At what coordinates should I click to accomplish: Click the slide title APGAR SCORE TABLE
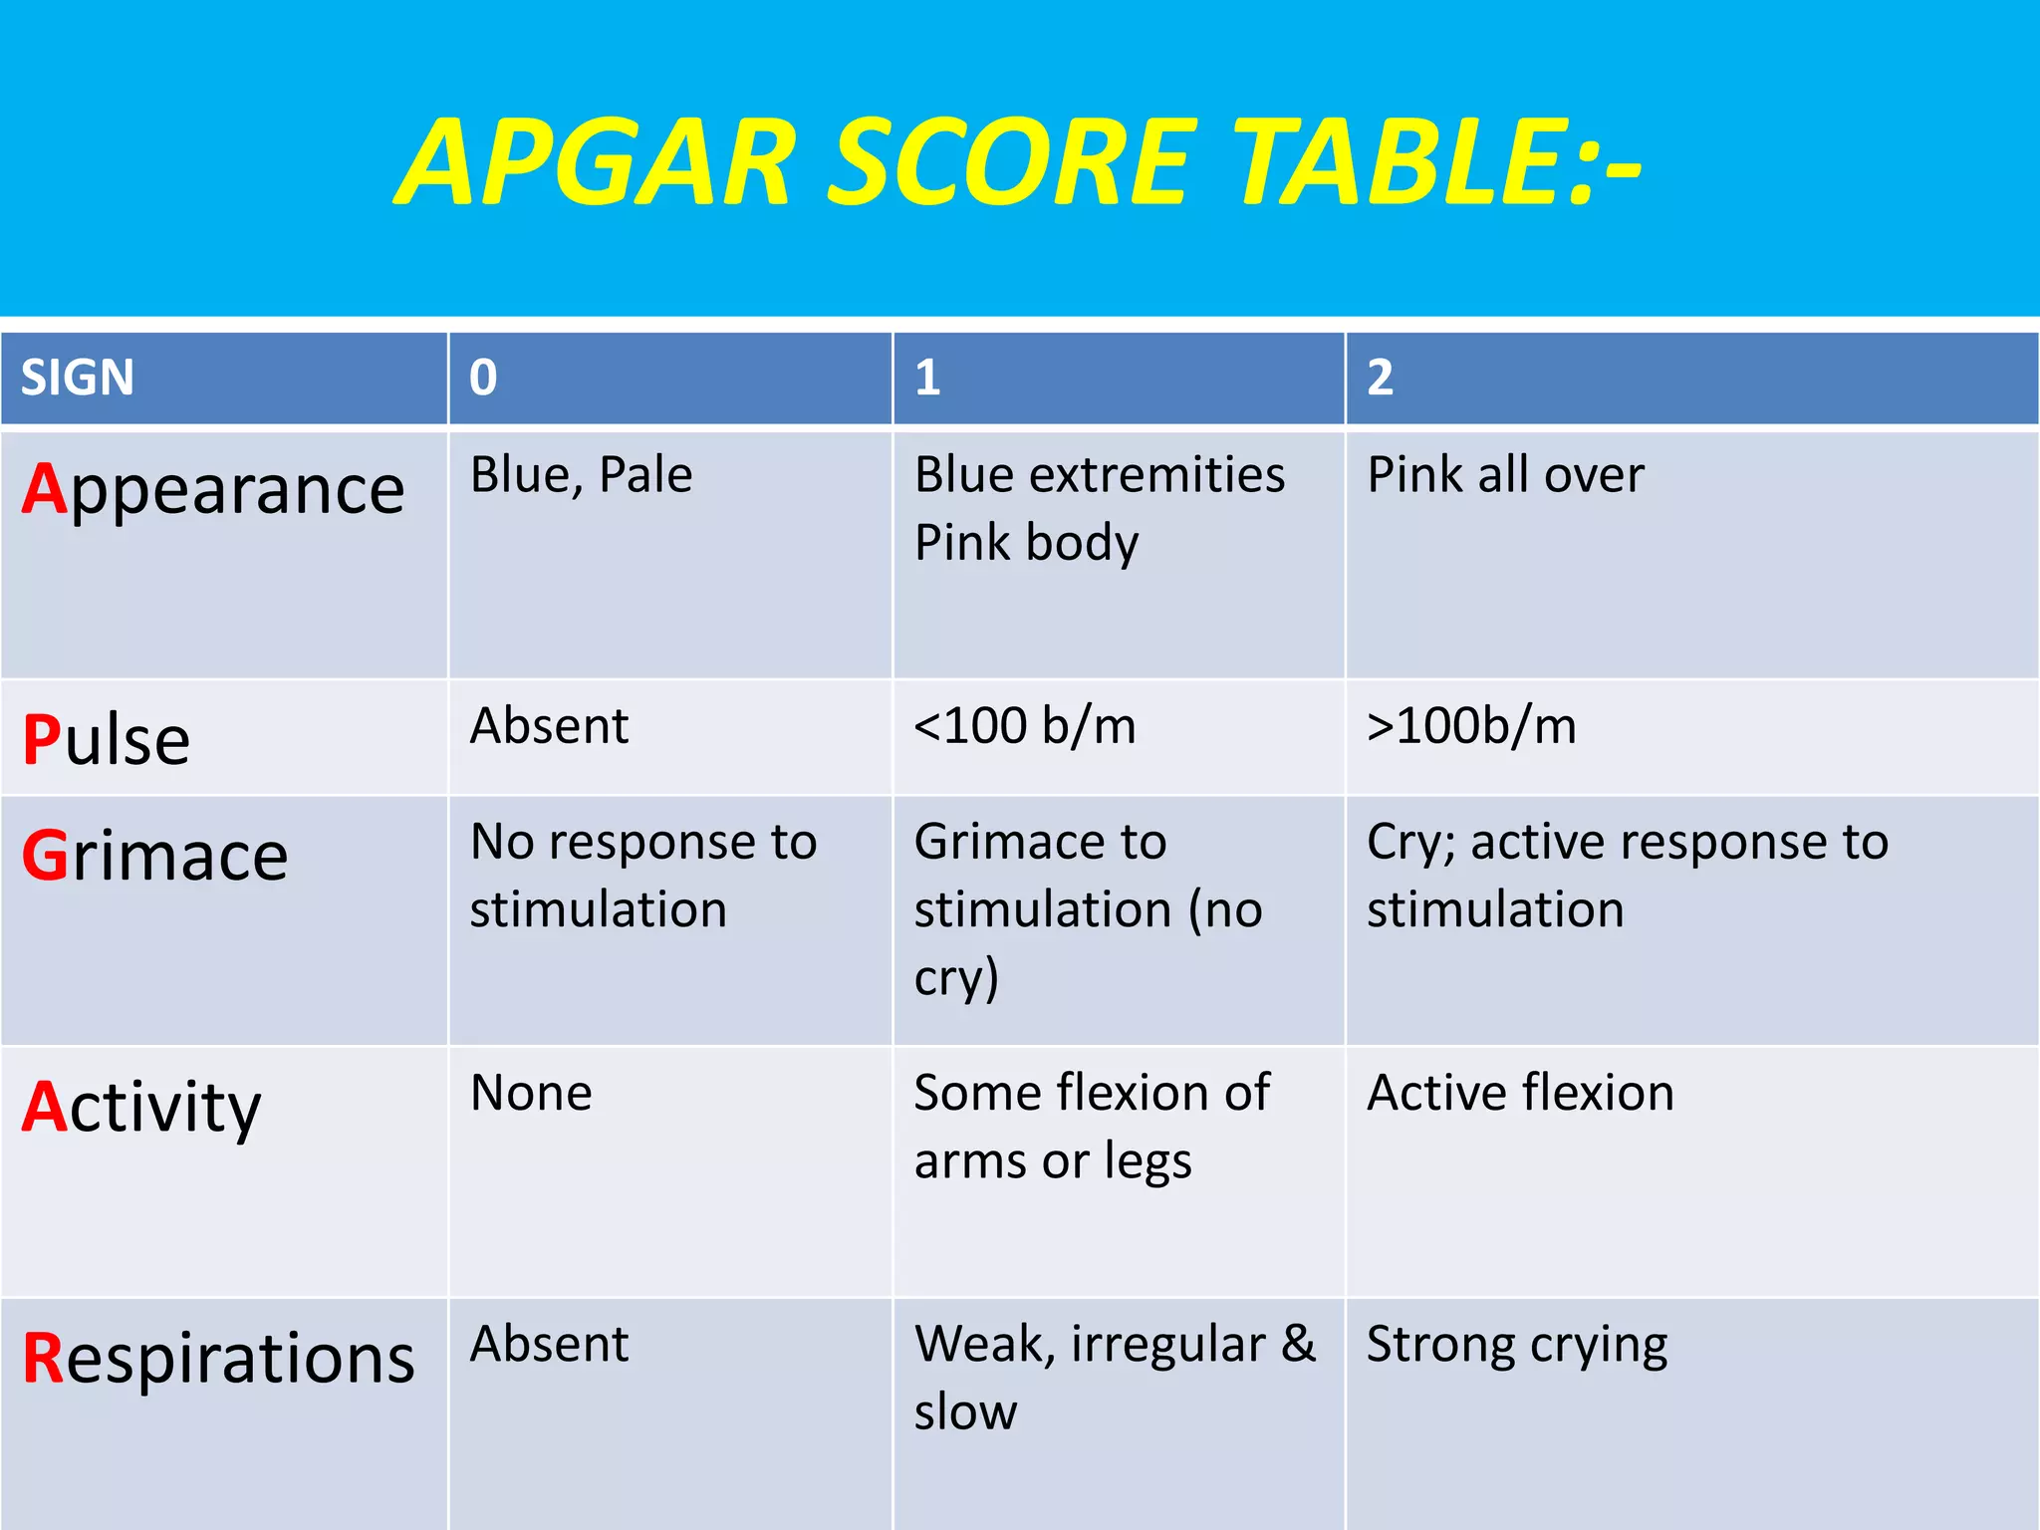click(x=1018, y=162)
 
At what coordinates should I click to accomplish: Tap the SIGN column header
click(x=78, y=379)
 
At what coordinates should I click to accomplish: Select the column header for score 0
click(x=483, y=379)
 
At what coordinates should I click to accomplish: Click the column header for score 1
click(x=927, y=379)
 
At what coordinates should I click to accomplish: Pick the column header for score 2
click(x=1380, y=379)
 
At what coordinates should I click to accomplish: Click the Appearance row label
click(x=213, y=490)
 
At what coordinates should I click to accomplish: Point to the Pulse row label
click(x=106, y=740)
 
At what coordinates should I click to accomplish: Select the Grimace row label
click(x=155, y=857)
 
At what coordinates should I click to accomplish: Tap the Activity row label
click(x=141, y=1108)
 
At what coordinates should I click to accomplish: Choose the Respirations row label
click(x=218, y=1359)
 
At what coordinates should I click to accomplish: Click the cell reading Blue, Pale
click(x=581, y=475)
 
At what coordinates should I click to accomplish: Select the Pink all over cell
click(x=1505, y=475)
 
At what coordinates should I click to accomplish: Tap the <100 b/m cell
click(x=1025, y=726)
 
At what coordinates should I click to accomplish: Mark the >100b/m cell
click(x=1471, y=726)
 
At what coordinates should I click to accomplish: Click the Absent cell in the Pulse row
click(x=549, y=726)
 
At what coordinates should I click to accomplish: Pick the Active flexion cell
click(x=1520, y=1094)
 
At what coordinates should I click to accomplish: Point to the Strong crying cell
click(x=1516, y=1346)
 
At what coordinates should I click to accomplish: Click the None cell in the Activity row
click(x=531, y=1094)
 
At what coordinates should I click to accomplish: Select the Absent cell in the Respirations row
click(x=549, y=1345)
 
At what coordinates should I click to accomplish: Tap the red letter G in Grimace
click(x=45, y=857)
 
